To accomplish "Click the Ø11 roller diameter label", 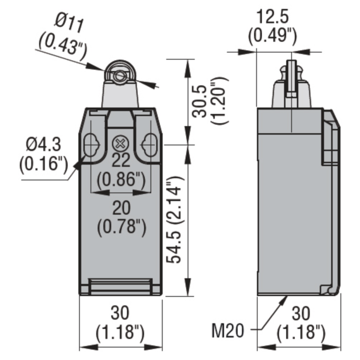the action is pos(69,24).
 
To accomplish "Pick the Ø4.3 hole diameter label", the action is pos(44,144).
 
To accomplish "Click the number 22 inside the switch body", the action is pos(121,160).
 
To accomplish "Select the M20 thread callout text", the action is pos(227,331).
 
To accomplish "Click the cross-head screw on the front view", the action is pos(119,144).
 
